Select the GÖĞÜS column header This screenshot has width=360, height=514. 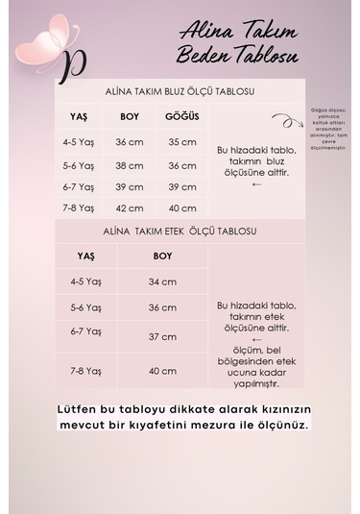click(181, 116)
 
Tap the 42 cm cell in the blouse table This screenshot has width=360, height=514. click(129, 208)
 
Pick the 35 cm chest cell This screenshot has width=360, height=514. click(181, 141)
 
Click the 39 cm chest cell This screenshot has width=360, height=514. click(181, 186)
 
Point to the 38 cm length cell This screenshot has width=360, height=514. click(129, 164)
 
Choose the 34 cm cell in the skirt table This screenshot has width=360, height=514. click(162, 281)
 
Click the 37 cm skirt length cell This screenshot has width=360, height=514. click(162, 336)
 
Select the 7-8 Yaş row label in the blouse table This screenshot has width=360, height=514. click(80, 208)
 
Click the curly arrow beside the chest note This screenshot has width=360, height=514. click(283, 121)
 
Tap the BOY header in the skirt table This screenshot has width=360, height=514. click(162, 257)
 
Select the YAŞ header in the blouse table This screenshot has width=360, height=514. click(79, 116)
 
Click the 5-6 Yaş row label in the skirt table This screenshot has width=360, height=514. click(85, 307)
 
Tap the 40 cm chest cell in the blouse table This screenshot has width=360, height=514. click(181, 208)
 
